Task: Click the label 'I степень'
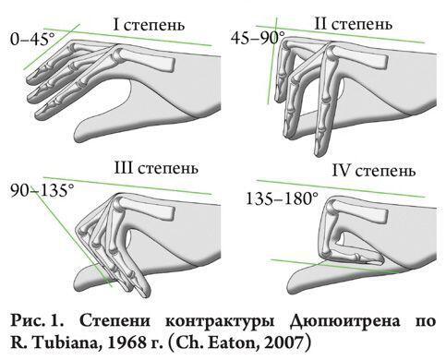(150, 25)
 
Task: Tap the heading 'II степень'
(353, 23)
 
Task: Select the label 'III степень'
(156, 168)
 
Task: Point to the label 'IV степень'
(374, 170)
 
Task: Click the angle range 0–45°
(32, 40)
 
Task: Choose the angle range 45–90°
(258, 38)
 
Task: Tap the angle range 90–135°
(42, 190)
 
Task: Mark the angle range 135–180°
(282, 198)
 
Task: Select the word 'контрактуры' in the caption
(220, 322)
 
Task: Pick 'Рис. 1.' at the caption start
(38, 321)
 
